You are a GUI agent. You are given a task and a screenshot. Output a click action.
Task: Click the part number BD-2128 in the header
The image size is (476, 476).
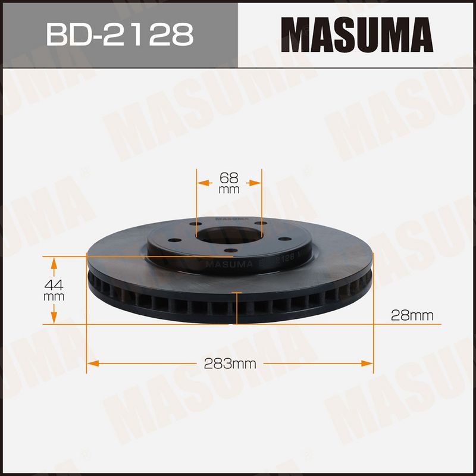point(120,34)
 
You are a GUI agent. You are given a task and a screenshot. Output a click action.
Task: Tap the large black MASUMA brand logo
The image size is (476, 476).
point(357,35)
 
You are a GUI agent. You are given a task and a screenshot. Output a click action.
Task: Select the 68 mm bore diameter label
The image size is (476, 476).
point(229,183)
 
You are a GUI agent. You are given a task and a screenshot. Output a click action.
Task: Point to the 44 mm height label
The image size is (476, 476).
point(54,290)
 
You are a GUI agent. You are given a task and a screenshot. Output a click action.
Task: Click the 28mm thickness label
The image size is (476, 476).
point(412,316)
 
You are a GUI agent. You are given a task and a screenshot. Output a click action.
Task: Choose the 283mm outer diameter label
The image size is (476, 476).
point(230,364)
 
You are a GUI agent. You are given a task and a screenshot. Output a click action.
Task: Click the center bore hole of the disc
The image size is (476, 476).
point(229,235)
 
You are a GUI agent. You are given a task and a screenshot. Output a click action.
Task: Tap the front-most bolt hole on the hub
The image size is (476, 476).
point(231,250)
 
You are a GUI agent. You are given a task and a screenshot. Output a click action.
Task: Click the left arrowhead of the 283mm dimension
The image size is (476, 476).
point(93,364)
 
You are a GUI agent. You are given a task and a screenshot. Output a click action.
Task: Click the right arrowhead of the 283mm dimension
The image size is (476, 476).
point(367,364)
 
